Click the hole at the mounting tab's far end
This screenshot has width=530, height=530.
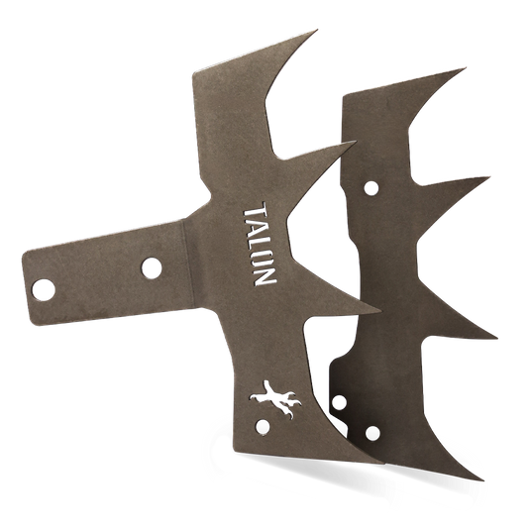pos(45,288)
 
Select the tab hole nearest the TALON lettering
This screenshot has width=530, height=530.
pos(152,266)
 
